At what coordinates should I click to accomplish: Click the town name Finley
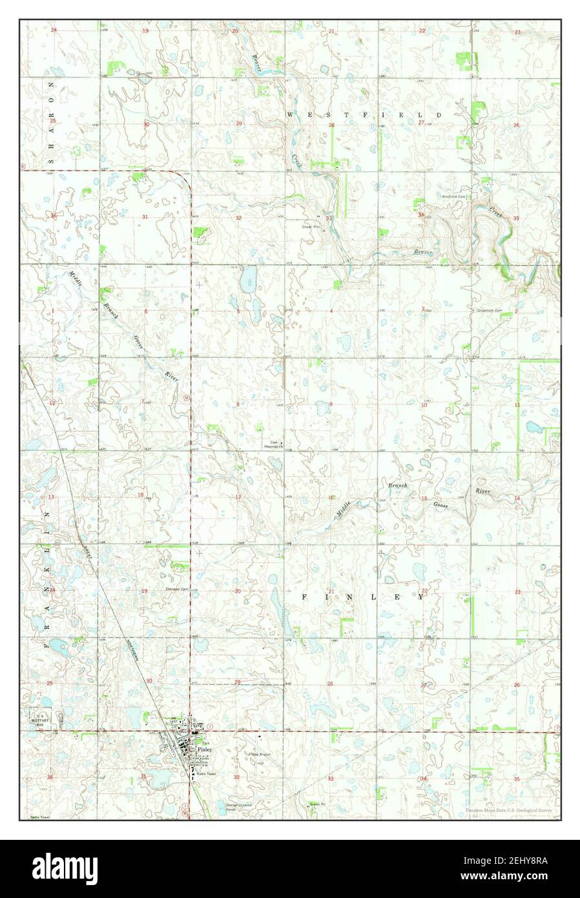coord(206,750)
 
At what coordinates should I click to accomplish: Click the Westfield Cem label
coord(454,196)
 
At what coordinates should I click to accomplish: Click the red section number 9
coord(331,404)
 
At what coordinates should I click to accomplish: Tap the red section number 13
coord(51,497)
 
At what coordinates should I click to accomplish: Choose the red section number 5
coord(238,311)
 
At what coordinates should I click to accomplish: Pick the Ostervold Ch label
coord(275,446)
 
